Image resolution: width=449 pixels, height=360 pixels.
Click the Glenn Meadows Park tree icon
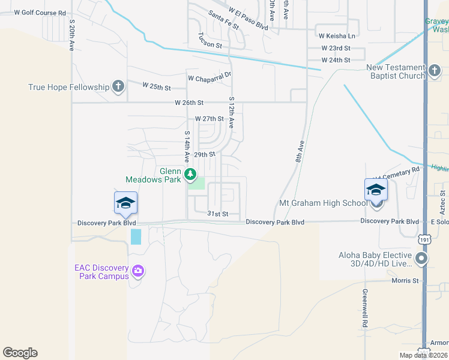190,175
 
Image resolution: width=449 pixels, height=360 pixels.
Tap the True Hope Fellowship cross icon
118,86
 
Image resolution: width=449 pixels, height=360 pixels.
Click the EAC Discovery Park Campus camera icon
138,271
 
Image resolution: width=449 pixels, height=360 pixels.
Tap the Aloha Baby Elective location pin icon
421,259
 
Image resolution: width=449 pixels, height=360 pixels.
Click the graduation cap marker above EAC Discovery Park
125,204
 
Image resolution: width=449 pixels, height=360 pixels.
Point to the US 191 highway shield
424,239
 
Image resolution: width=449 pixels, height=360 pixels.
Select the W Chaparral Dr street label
209,78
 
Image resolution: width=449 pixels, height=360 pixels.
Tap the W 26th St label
189,103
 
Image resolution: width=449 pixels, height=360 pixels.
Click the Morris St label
405,280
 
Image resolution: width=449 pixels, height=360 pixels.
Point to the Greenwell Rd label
364,308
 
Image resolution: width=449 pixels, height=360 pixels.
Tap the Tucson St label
210,45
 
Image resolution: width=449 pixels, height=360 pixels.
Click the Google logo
20,353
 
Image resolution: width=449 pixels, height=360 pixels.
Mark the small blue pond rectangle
136,236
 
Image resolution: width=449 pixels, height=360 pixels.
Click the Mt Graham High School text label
323,203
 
